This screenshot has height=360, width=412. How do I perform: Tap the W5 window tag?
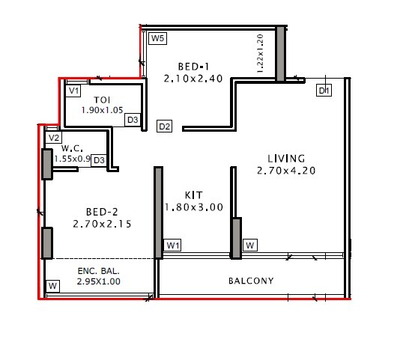click(157, 38)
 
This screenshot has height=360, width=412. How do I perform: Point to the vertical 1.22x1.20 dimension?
click(261, 53)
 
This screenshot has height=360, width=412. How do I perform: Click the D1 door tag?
click(324, 91)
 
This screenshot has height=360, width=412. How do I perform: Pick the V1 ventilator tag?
click(73, 91)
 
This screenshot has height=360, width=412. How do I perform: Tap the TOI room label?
click(103, 100)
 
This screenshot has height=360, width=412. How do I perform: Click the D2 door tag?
click(165, 126)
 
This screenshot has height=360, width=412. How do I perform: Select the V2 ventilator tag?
click(54, 138)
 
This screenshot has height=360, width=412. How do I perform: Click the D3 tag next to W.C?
click(99, 160)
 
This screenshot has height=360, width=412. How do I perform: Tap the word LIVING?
click(286, 159)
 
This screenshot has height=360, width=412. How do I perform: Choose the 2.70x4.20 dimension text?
click(286, 171)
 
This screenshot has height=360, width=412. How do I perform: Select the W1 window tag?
click(173, 245)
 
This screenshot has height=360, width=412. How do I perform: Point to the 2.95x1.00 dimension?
click(99, 282)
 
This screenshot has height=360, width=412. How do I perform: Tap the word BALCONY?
click(251, 281)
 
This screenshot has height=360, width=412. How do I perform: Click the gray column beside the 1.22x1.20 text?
click(280, 54)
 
